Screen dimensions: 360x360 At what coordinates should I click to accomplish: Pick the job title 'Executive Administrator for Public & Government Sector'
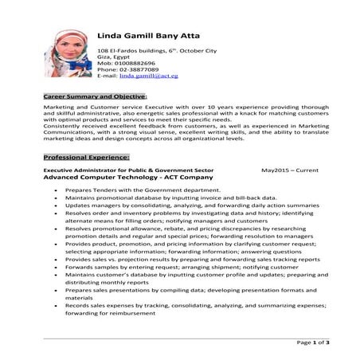pos(128,170)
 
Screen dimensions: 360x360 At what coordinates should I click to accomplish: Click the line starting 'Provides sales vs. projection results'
pos(192,259)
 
